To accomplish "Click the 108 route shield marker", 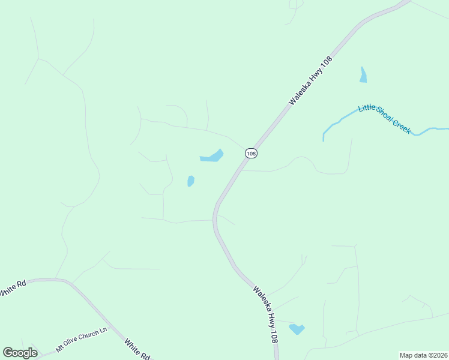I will tap(251, 154).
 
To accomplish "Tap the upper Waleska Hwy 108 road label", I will tap(310, 80).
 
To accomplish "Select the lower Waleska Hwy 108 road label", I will tap(265, 314).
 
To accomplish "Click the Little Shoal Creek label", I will tap(385, 119).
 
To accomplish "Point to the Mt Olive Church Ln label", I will tap(81, 340).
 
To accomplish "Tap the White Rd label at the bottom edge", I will tap(138, 349).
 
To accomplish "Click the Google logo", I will tap(20, 353).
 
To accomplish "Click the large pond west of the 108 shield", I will tap(212, 157).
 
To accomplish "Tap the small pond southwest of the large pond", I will tap(190, 181).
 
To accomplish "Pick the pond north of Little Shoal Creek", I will tap(363, 75).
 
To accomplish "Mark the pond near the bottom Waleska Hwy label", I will tap(297, 329).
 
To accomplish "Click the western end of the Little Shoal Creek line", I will tap(324, 139).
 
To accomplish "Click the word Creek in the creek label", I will tap(402, 126).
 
